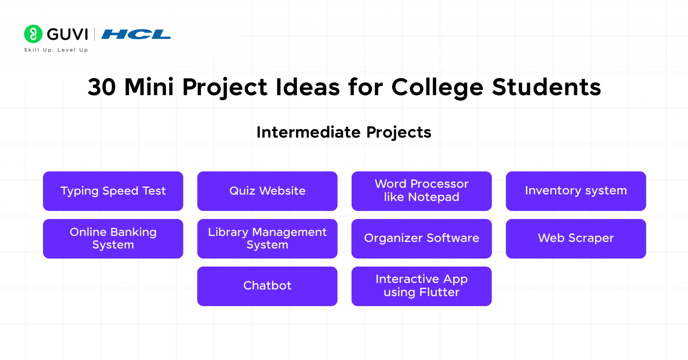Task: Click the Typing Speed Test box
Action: (x=113, y=191)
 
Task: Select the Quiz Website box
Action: (x=267, y=191)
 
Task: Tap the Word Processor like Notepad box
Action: (x=421, y=191)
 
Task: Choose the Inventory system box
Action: (x=575, y=191)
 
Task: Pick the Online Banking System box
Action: (x=113, y=238)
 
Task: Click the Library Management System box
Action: (x=267, y=238)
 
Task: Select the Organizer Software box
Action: (x=421, y=238)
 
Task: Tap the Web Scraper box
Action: (x=575, y=238)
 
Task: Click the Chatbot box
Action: (x=267, y=286)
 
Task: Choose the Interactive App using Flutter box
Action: (x=421, y=286)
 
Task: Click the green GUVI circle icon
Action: (x=33, y=34)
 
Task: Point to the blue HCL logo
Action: (x=136, y=34)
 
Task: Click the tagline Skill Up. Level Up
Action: (x=56, y=50)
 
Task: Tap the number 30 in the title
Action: (x=101, y=87)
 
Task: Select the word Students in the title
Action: (x=546, y=87)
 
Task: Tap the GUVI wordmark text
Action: (x=67, y=34)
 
